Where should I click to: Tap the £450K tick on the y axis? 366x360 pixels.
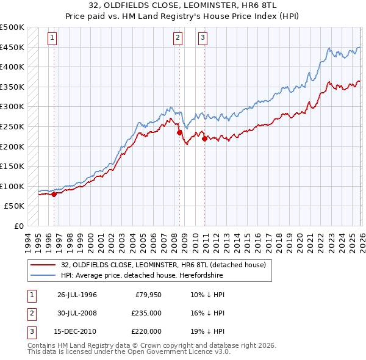pos(12,47)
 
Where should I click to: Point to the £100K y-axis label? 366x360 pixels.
pos(12,186)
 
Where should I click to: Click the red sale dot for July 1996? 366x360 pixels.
pos(54,195)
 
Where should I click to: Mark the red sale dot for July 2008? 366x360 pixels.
pos(179,132)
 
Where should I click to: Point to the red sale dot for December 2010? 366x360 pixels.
pos(204,139)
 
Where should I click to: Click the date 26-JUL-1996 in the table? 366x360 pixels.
pos(77,295)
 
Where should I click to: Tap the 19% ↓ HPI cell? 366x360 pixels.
pos(207,331)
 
